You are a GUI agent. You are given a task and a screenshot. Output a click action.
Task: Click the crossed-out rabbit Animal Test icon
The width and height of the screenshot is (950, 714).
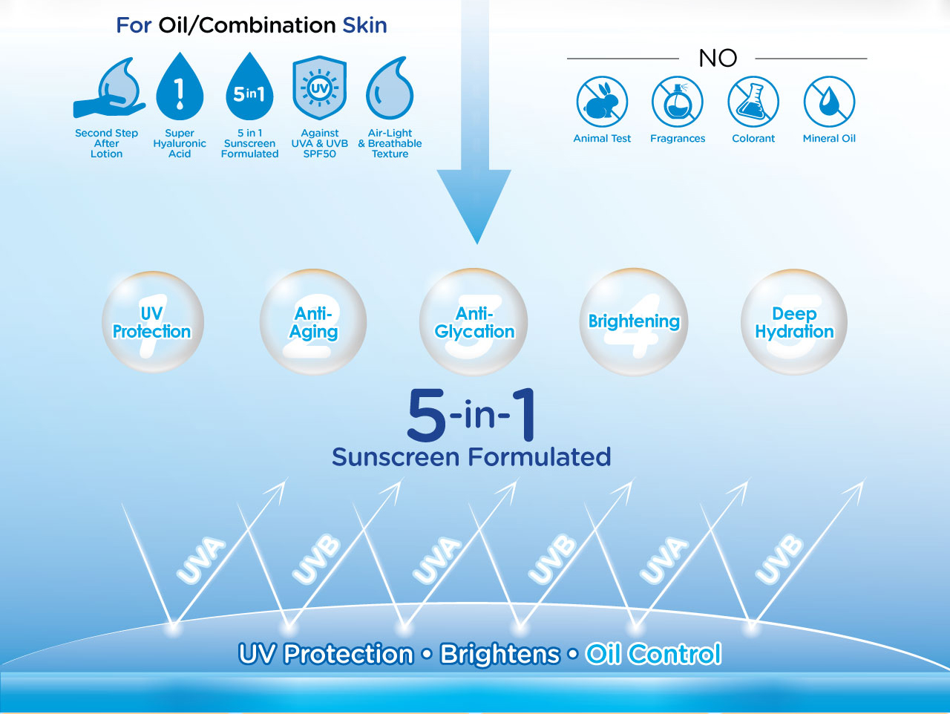click(602, 102)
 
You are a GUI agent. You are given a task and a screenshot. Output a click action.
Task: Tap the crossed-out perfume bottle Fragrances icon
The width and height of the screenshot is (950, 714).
click(678, 102)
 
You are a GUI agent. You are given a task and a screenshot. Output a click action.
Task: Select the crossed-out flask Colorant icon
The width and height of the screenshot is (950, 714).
click(753, 102)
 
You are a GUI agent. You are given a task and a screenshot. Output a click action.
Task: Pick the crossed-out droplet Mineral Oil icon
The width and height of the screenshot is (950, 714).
click(829, 102)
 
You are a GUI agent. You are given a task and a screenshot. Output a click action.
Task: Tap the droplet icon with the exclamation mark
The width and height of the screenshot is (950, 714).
click(180, 87)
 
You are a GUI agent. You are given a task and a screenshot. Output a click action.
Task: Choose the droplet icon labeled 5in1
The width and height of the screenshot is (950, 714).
click(249, 87)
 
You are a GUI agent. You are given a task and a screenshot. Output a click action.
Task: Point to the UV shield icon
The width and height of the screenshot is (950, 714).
click(319, 88)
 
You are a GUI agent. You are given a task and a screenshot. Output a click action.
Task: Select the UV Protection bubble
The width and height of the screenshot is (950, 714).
click(153, 322)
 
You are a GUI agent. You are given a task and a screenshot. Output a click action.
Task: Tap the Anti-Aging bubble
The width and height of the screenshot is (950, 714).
click(313, 322)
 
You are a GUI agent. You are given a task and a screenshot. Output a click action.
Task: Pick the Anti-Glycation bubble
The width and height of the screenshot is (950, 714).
click(474, 322)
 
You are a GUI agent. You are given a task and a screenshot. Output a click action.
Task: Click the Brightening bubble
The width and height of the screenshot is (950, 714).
click(634, 322)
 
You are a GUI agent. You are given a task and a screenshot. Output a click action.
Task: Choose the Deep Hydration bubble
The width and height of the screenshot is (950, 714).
click(794, 322)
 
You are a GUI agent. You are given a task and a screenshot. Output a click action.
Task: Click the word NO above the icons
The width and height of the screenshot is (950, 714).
click(718, 58)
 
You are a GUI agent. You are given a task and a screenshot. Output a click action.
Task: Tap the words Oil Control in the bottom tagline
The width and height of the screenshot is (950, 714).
click(653, 654)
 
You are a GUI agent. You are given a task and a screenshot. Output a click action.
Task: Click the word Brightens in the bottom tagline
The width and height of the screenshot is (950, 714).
click(500, 654)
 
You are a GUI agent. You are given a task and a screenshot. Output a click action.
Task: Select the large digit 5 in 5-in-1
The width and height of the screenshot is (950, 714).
click(426, 415)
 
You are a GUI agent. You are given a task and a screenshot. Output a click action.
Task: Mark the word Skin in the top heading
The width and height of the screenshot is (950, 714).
click(365, 25)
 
